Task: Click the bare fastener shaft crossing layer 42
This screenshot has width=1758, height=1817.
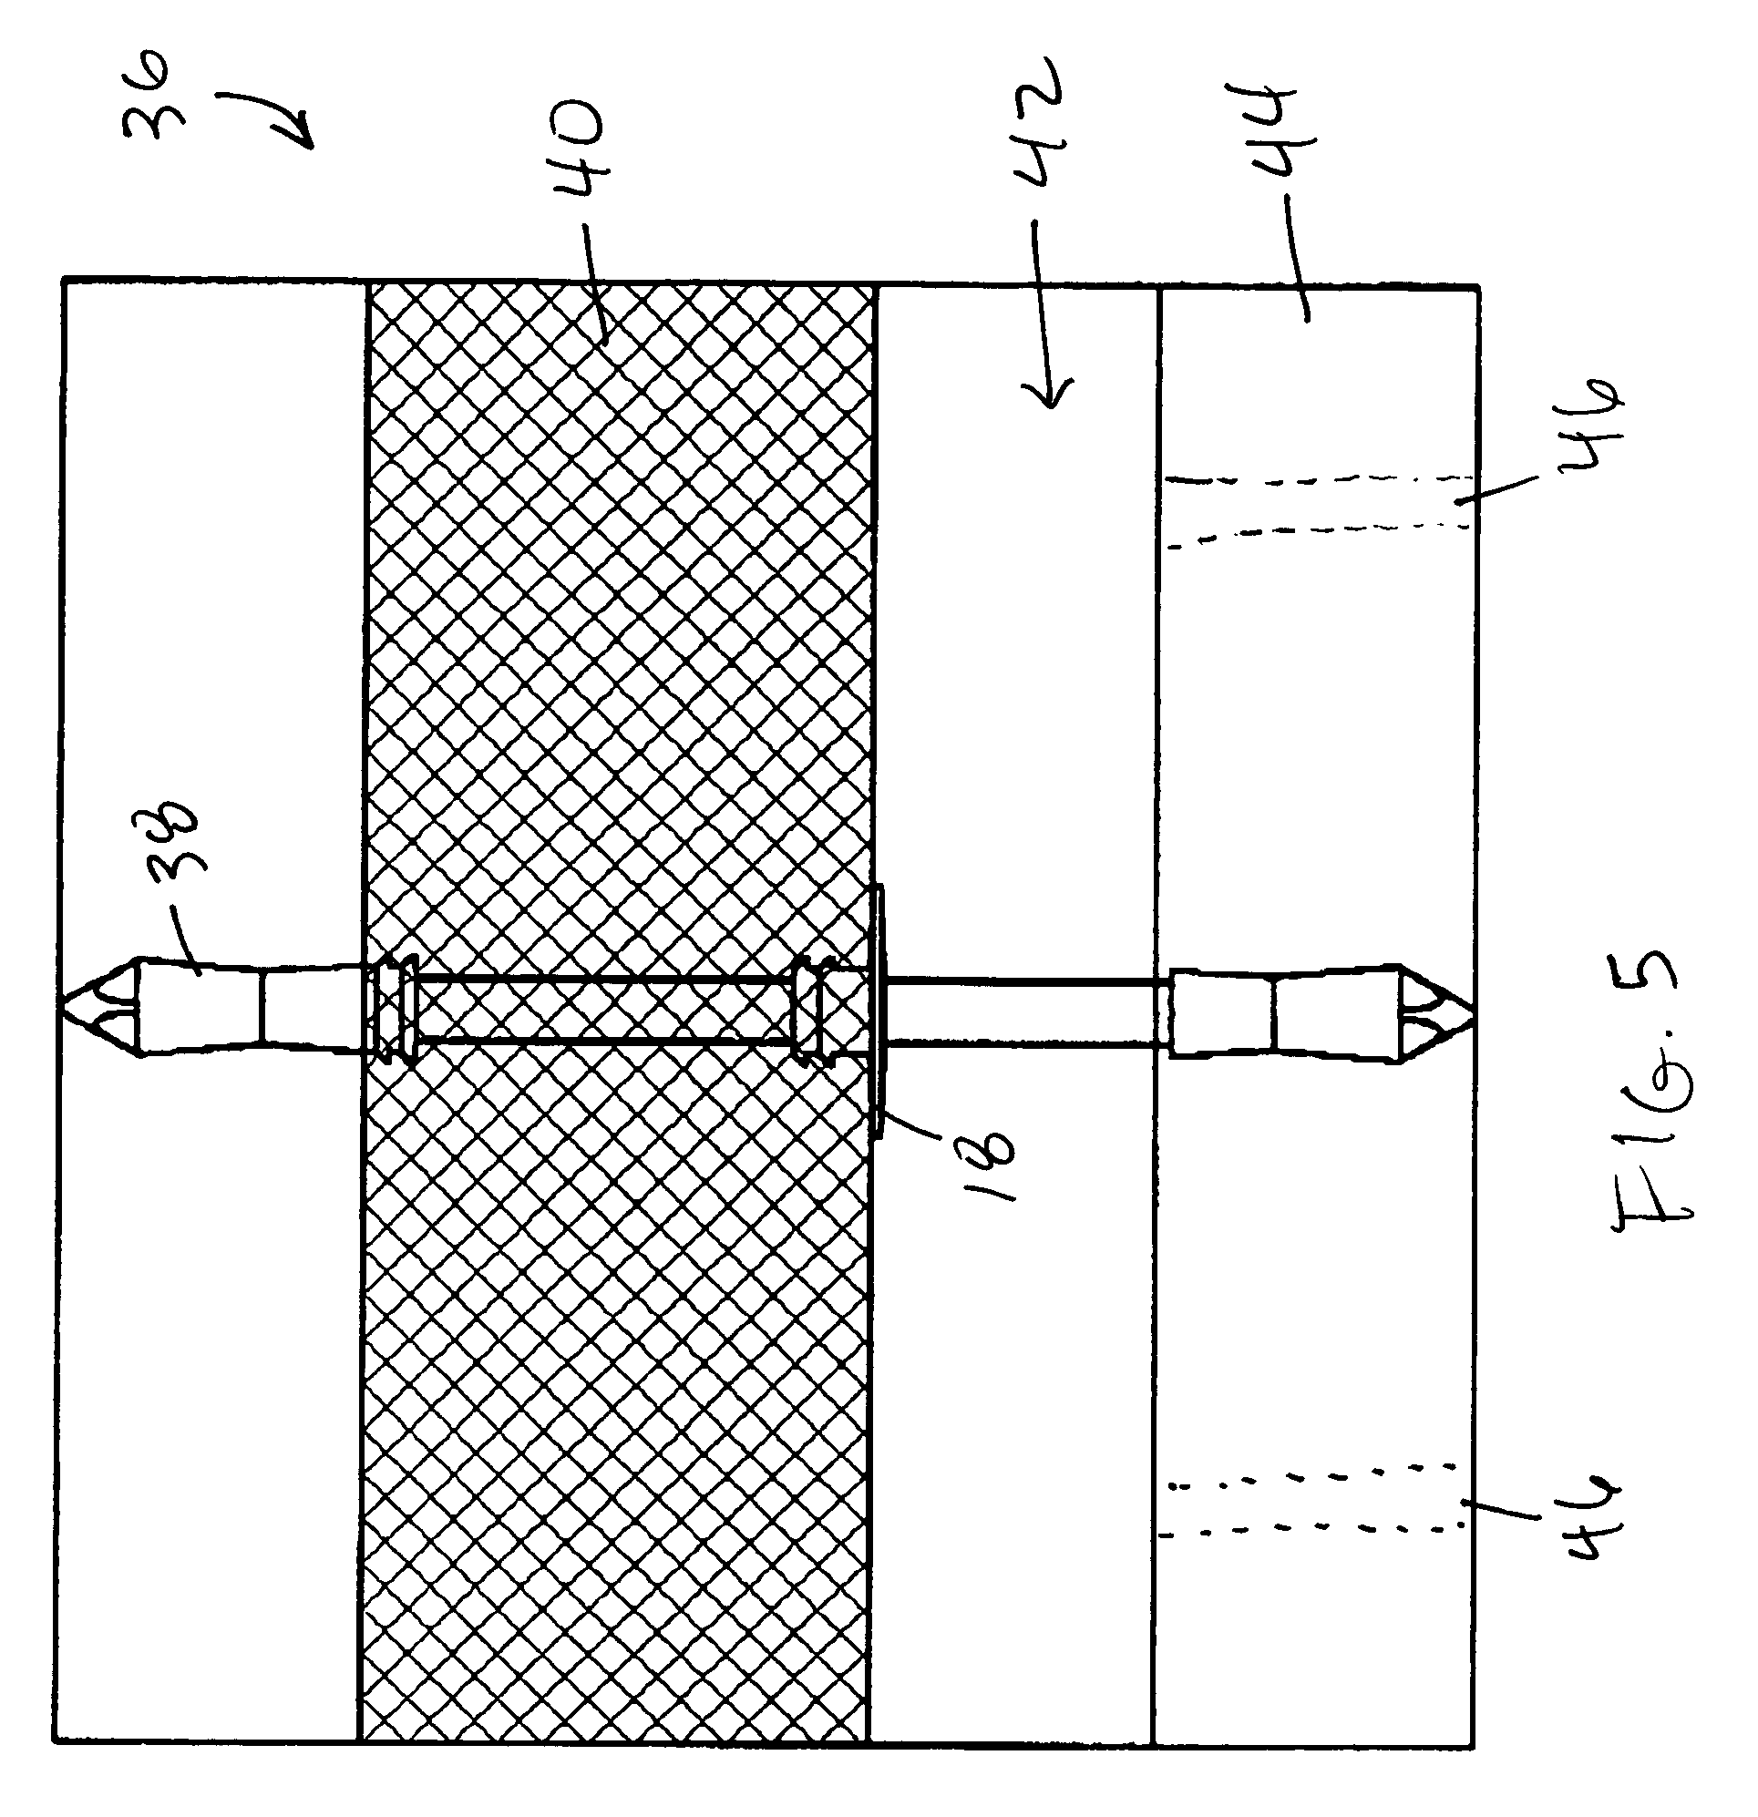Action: point(1023,1011)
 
